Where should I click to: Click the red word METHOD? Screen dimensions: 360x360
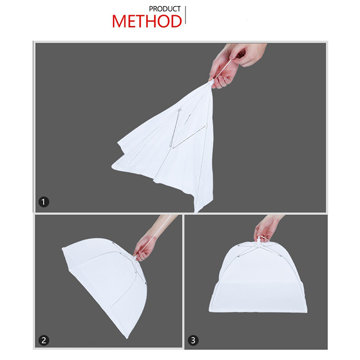[147, 21]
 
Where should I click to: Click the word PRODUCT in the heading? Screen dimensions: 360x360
[165, 9]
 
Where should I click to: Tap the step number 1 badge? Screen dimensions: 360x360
[44, 202]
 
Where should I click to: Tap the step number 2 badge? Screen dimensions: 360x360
[44, 340]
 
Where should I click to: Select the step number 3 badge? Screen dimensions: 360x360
[193, 340]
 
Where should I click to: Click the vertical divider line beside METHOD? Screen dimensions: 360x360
[185, 15]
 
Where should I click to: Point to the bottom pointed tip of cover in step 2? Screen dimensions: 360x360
[126, 338]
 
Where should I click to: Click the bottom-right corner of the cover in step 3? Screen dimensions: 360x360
[306, 312]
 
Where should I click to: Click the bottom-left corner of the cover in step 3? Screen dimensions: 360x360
[209, 311]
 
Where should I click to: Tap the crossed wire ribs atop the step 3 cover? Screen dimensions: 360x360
[259, 249]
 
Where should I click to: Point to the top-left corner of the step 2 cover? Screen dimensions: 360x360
[63, 249]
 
